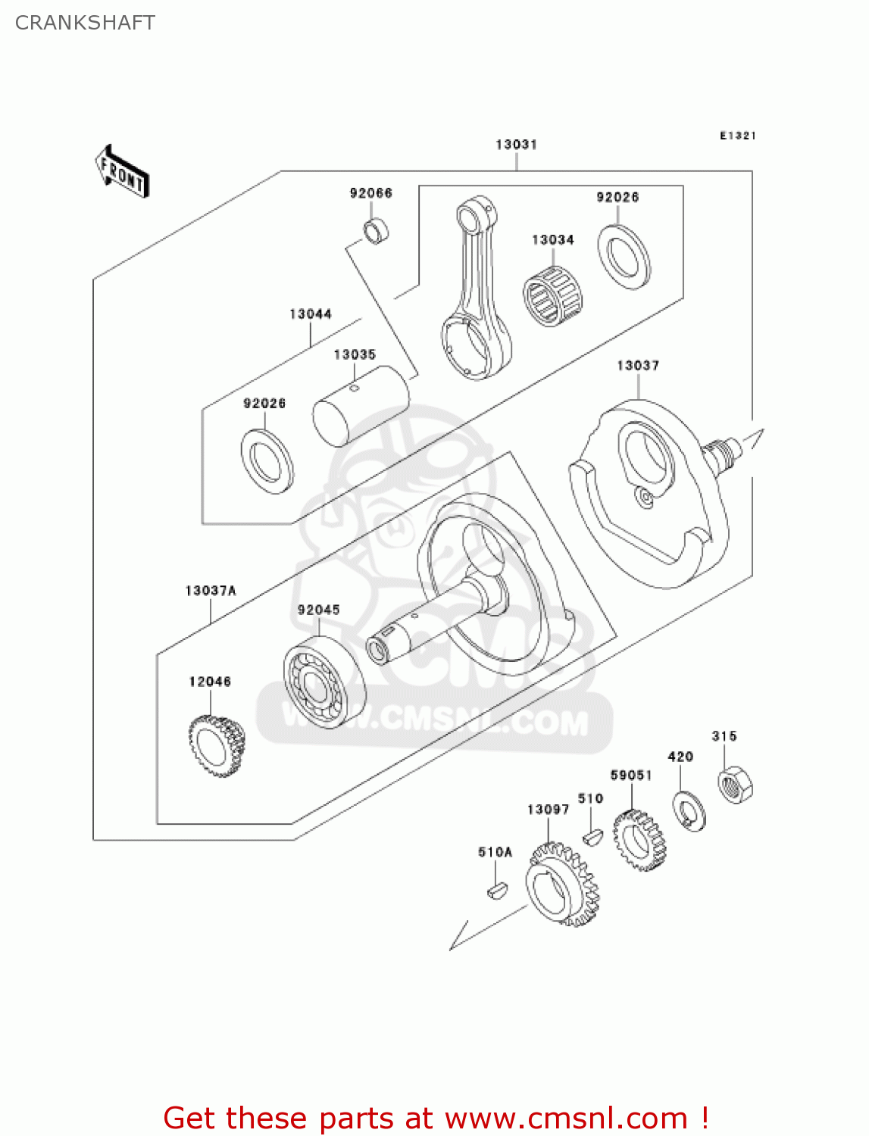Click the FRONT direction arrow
(122, 172)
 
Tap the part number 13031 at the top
(516, 145)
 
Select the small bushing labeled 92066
(376, 231)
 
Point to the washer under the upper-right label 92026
(624, 257)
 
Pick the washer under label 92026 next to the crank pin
(267, 460)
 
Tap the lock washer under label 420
(689, 810)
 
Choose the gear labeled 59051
(639, 840)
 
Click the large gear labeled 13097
(561, 886)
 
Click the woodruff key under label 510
(592, 836)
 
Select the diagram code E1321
(737, 136)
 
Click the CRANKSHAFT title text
(85, 23)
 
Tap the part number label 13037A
(211, 591)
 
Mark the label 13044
(311, 314)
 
